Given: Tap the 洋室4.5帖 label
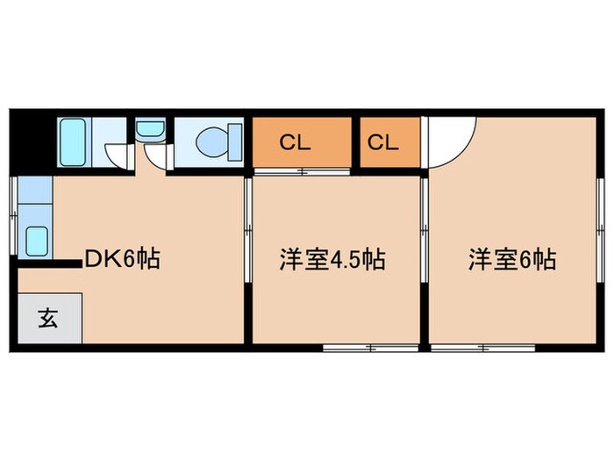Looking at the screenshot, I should (332, 260).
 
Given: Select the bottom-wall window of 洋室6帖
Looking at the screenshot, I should (482, 348).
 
